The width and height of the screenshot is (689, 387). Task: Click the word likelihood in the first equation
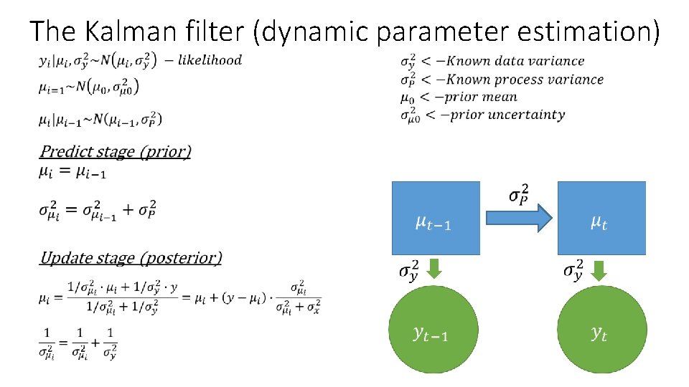(x=210, y=60)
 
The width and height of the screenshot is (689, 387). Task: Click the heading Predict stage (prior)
(x=116, y=151)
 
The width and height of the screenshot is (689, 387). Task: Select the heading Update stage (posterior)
(x=131, y=257)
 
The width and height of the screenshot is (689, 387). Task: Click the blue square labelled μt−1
(x=436, y=218)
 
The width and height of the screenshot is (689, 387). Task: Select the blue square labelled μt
(x=601, y=218)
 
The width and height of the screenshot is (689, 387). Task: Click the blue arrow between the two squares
(x=518, y=218)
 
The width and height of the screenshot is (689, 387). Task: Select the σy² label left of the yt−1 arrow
(x=410, y=272)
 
